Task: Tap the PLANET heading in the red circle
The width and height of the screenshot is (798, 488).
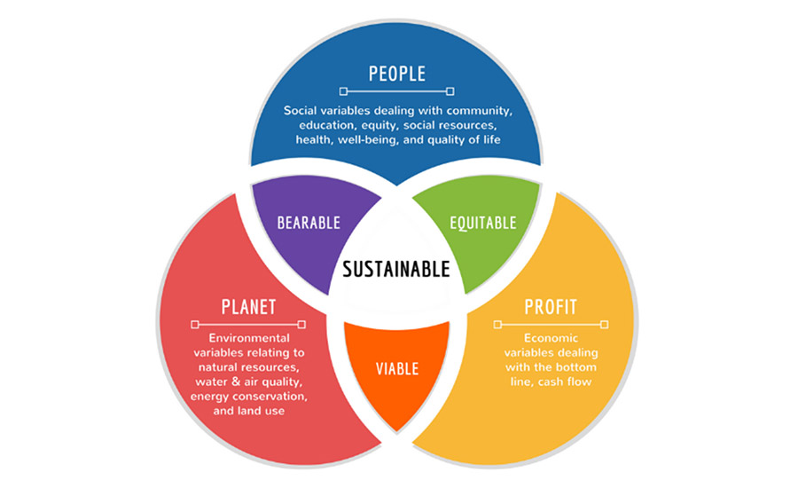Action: tap(248, 307)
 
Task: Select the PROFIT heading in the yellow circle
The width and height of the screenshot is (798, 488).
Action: tap(550, 307)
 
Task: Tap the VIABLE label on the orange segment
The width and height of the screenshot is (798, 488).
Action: tap(396, 367)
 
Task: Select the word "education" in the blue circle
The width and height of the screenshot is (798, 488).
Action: tap(331, 125)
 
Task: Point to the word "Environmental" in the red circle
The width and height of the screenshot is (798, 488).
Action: tap(248, 338)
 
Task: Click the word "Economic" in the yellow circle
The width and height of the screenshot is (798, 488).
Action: tap(550, 338)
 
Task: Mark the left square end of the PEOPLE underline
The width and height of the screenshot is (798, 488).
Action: tap(343, 91)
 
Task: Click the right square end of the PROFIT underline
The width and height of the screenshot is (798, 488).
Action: tap(605, 325)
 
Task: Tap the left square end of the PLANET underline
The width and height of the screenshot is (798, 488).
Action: tap(194, 325)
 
